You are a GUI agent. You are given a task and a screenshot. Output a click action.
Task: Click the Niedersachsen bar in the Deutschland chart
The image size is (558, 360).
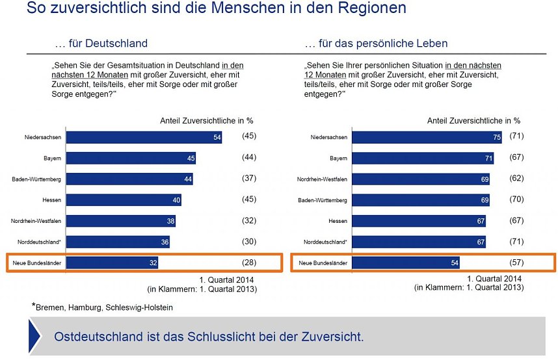pos(144,137)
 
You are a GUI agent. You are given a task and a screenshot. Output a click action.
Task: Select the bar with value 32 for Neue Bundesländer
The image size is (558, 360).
pos(112,263)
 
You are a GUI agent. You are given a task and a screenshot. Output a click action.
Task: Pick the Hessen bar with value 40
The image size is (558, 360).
pos(124,200)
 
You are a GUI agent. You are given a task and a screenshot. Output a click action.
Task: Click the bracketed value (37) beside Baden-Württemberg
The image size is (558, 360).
pos(249,179)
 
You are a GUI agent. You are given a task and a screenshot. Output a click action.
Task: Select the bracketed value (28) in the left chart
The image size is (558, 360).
pos(249,263)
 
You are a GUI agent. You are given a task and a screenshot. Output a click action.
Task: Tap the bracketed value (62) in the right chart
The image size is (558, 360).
pos(518,179)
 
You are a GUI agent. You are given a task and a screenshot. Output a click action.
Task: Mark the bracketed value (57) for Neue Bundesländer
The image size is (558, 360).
pos(518,263)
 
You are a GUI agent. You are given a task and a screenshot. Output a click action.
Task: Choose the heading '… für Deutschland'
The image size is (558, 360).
pos(102,44)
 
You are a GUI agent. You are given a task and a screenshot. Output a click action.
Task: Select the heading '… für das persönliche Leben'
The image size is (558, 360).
pos(376,44)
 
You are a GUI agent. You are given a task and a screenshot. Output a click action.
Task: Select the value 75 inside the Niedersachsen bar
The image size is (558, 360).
pos(496,137)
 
